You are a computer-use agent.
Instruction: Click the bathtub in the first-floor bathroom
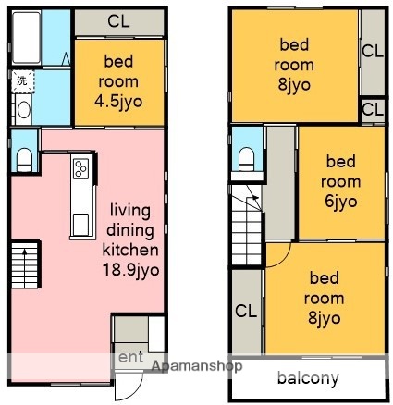coord(25,37)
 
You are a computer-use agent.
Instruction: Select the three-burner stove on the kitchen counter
coord(80,171)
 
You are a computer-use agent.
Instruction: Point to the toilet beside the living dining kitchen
coord(24,153)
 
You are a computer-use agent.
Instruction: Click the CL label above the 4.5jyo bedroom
coord(117,20)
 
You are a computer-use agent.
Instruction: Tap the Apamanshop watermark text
coord(190,366)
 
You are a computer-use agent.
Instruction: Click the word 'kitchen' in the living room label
coord(130,250)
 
